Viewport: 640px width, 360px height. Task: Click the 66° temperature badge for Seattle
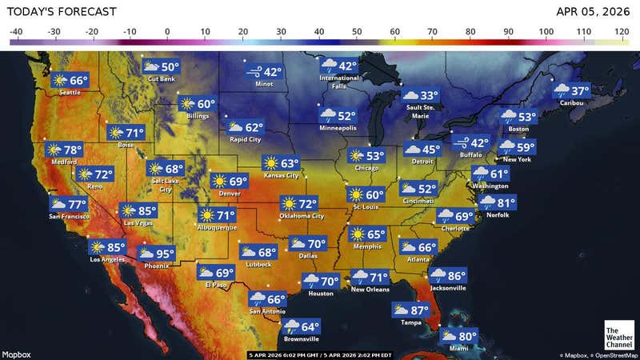pyautogui.click(x=70, y=80)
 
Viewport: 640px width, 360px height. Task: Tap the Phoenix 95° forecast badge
pyautogui.click(x=156, y=254)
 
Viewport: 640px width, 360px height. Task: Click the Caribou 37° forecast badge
pyautogui.click(x=571, y=91)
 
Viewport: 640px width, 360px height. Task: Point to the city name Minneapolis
pyautogui.click(x=338, y=128)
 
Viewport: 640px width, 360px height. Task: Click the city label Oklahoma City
pyautogui.click(x=302, y=216)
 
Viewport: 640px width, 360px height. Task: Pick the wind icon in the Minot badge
pyautogui.click(x=254, y=72)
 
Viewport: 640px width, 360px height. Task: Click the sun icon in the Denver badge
pyautogui.click(x=219, y=182)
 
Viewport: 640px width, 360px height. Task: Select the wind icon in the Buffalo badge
pyautogui.click(x=462, y=142)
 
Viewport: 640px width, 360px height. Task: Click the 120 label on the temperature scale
pyautogui.click(x=622, y=32)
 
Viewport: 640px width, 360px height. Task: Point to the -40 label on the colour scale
pyautogui.click(x=16, y=32)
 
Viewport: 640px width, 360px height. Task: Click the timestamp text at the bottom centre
pyautogui.click(x=320, y=354)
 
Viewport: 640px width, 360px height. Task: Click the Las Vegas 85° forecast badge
pyautogui.click(x=138, y=211)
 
